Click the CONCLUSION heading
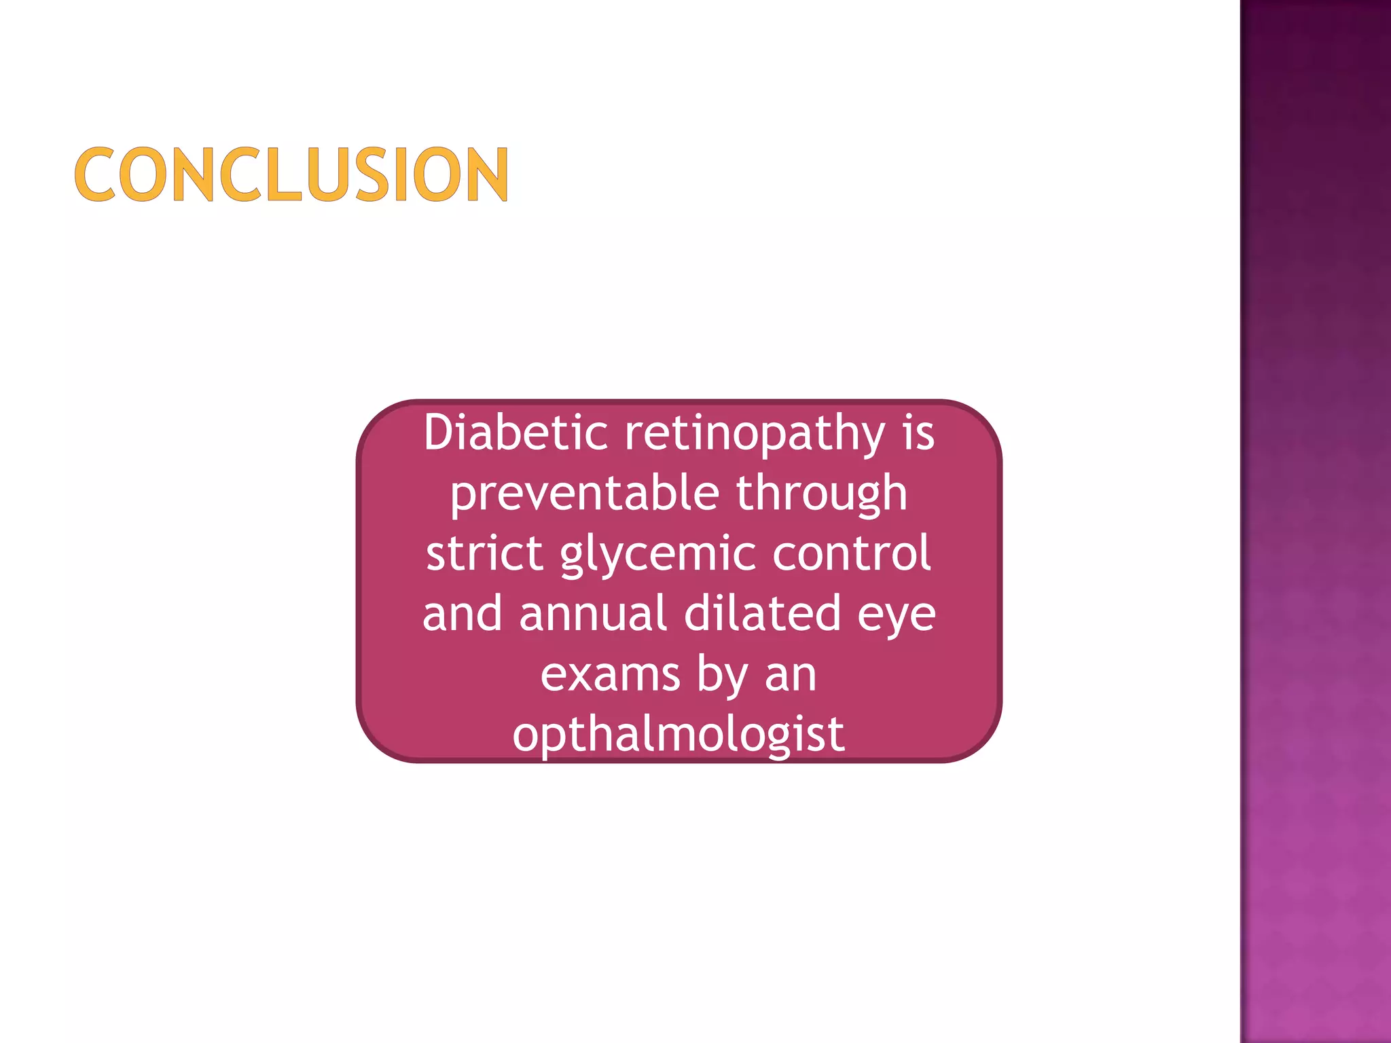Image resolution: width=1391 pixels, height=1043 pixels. tap(291, 175)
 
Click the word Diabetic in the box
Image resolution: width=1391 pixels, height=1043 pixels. tap(516, 433)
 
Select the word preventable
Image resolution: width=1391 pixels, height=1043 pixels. tap(585, 494)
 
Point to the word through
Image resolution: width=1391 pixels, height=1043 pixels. tap(822, 494)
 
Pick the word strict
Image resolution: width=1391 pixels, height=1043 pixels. tap(484, 553)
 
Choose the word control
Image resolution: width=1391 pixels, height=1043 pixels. tap(851, 553)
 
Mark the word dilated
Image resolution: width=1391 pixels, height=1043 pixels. tap(762, 613)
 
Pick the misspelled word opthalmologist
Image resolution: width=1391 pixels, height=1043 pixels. tap(679, 735)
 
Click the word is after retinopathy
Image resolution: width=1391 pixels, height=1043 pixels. tap(918, 433)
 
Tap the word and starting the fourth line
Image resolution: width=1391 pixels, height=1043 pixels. tap(462, 613)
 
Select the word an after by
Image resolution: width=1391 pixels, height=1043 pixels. tap(791, 676)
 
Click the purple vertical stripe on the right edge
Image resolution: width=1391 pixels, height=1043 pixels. tap(1316, 521)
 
